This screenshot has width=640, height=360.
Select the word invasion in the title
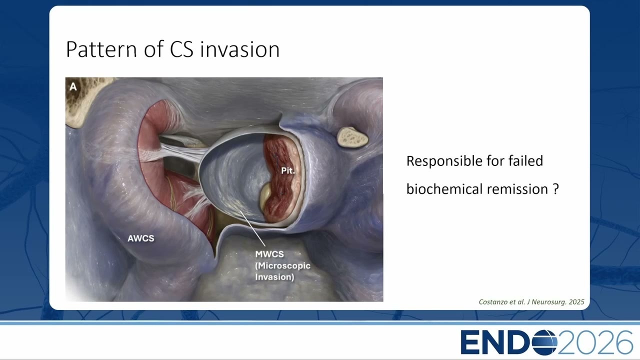coord(239,49)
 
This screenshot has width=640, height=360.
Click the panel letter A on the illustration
coord(73,86)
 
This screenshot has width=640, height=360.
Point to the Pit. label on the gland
coord(287,170)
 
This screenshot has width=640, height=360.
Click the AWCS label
coord(141,238)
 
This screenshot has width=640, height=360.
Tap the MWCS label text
coord(269,254)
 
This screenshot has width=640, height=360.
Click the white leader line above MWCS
coord(252,228)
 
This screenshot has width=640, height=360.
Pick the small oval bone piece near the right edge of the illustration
coord(352,137)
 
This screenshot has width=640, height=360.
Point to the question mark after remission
coord(555,189)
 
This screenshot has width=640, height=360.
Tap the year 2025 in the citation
coord(576,302)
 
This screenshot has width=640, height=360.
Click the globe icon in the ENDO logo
coord(544,342)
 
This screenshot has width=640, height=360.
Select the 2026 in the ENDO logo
coord(595,342)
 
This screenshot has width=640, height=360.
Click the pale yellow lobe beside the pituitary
coord(265,196)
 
